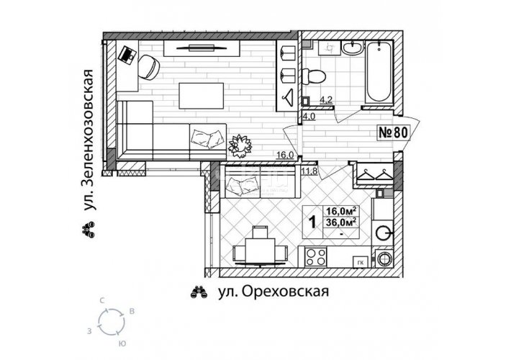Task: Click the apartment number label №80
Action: (393, 132)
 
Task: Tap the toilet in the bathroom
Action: (314, 76)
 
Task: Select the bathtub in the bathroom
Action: (379, 71)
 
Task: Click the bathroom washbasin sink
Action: (352, 48)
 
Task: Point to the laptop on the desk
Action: (127, 54)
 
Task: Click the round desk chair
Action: (149, 67)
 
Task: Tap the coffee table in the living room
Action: (202, 96)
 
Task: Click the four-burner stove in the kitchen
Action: (316, 256)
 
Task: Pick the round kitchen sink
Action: (383, 233)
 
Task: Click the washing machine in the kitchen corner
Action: (384, 258)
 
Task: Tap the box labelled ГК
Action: (361, 262)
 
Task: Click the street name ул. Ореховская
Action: (273, 292)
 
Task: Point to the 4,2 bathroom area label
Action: (326, 100)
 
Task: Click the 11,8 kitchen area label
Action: (309, 171)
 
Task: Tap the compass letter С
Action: (102, 301)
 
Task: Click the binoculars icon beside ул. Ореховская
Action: (199, 292)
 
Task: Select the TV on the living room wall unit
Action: (201, 48)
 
